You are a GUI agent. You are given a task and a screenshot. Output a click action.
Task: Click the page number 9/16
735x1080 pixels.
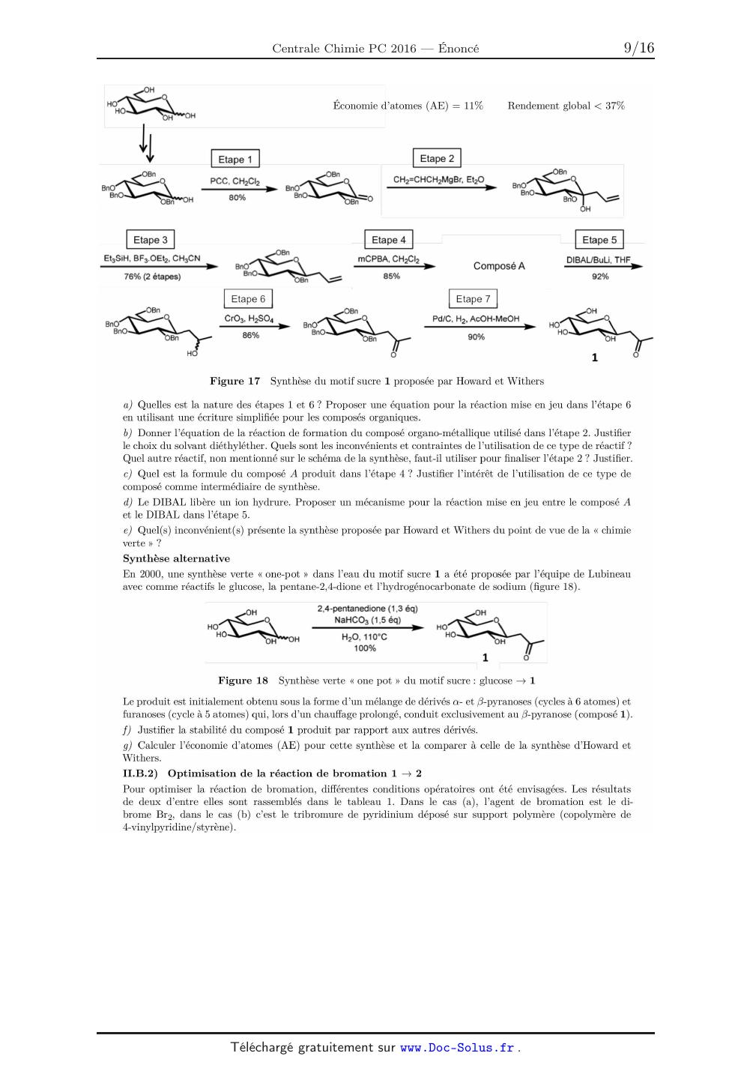(x=638, y=48)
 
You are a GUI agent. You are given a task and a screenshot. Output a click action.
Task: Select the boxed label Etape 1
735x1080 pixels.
(x=235, y=159)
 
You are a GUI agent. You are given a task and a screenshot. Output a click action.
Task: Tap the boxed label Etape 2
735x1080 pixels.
(x=437, y=158)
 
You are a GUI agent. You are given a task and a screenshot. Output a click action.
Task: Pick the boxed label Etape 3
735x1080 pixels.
(x=151, y=240)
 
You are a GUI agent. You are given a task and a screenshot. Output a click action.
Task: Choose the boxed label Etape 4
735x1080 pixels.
(x=389, y=240)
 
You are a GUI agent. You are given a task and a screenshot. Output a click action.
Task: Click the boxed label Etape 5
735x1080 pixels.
(x=599, y=240)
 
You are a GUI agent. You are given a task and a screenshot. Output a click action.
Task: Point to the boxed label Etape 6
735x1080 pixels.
(x=248, y=298)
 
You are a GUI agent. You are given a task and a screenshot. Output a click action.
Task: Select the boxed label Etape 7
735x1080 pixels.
(x=473, y=299)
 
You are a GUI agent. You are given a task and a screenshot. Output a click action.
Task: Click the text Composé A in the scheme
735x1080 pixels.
(x=499, y=266)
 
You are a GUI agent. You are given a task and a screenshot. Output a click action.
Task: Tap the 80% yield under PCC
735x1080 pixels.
(x=237, y=197)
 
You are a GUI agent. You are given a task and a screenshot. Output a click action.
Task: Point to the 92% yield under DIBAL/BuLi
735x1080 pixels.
(x=600, y=277)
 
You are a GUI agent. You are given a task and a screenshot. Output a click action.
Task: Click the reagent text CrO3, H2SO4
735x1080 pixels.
(x=249, y=319)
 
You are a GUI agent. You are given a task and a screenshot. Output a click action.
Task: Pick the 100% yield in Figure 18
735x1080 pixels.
(x=365, y=648)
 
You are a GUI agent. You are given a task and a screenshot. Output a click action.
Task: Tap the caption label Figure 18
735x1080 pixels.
(x=243, y=681)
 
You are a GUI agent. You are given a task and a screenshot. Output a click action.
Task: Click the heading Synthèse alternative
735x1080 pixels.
(x=176, y=558)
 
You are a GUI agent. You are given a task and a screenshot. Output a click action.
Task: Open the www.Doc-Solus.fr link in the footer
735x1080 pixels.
(x=457, y=1048)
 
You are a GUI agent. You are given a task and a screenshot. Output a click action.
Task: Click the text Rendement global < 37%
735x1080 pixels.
(x=566, y=106)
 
